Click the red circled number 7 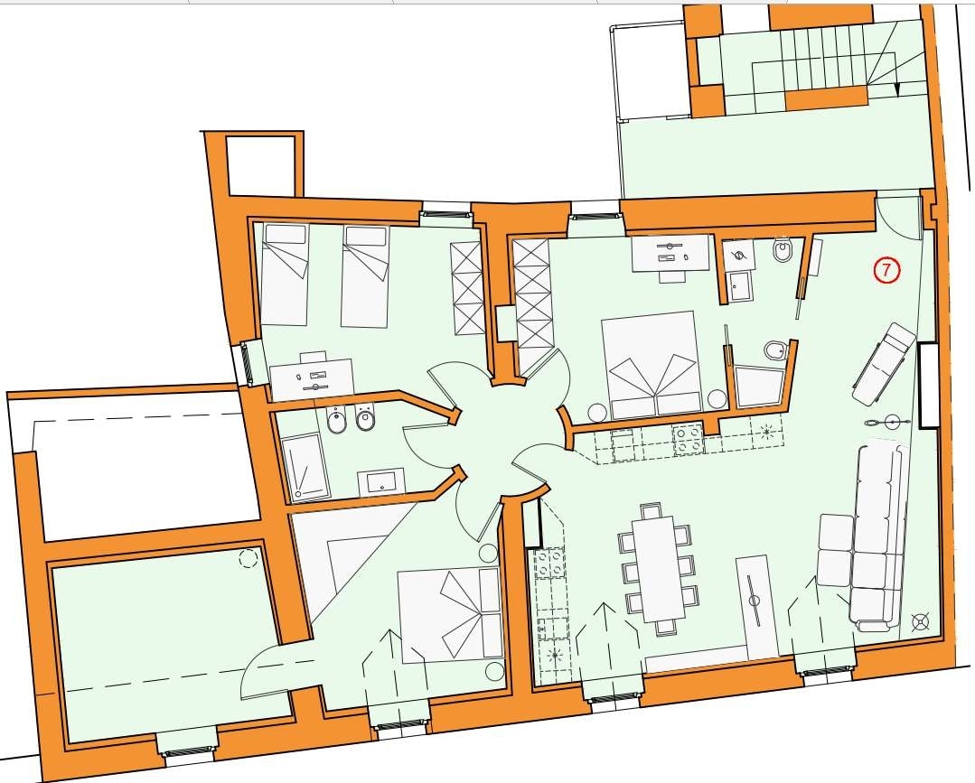[x=886, y=270]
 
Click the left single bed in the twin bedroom [x=284, y=274]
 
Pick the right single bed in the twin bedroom [x=365, y=276]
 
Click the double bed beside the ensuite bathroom [x=652, y=364]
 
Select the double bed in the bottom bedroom [x=450, y=615]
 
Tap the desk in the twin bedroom [x=312, y=378]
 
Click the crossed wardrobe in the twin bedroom [x=466, y=288]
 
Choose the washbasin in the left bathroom [x=380, y=482]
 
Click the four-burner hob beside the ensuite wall [x=689, y=437]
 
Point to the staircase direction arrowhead [x=896, y=89]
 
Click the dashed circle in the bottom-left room [x=249, y=558]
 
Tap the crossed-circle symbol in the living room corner [x=920, y=621]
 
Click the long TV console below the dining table [x=756, y=608]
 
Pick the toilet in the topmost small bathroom [x=782, y=252]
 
